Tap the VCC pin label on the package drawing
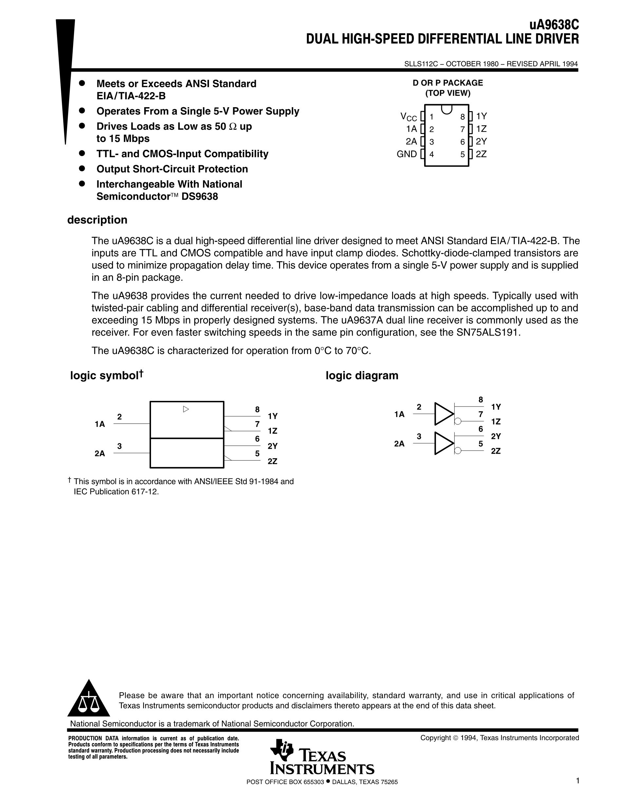tap(408, 117)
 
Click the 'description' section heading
tap(97, 220)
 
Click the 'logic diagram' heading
tap(362, 376)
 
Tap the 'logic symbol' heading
tap(104, 376)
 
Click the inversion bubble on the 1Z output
tap(458, 421)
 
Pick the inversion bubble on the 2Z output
tap(458, 451)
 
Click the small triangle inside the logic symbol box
tap(186, 409)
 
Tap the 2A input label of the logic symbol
tap(100, 454)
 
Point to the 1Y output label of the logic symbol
tap(273, 416)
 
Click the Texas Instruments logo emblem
tap(281, 750)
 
